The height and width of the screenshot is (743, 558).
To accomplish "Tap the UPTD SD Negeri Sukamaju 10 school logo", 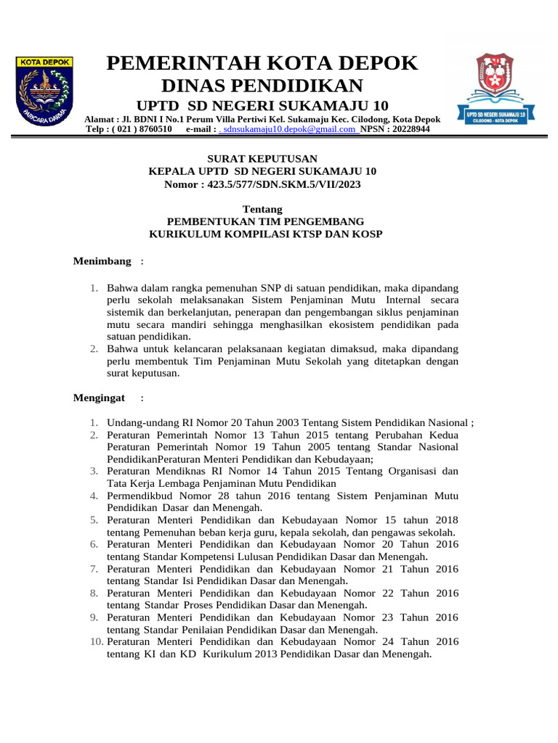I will tap(496, 89).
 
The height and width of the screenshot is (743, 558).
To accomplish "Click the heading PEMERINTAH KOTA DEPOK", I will tap(262, 63).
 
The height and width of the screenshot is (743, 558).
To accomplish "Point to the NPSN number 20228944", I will tap(406, 129).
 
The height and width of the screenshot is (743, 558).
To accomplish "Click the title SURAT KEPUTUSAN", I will tap(262, 159).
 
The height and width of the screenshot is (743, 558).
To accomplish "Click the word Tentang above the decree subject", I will tap(262, 209).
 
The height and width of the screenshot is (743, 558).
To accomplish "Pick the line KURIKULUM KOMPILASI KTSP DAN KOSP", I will tap(266, 234).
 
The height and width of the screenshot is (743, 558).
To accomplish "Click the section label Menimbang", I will tap(102, 261).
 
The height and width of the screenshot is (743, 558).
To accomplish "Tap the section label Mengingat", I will tap(100, 398).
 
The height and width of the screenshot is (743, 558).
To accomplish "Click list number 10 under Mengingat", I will tap(97, 641).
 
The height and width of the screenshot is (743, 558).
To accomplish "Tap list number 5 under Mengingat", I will tap(94, 520).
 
